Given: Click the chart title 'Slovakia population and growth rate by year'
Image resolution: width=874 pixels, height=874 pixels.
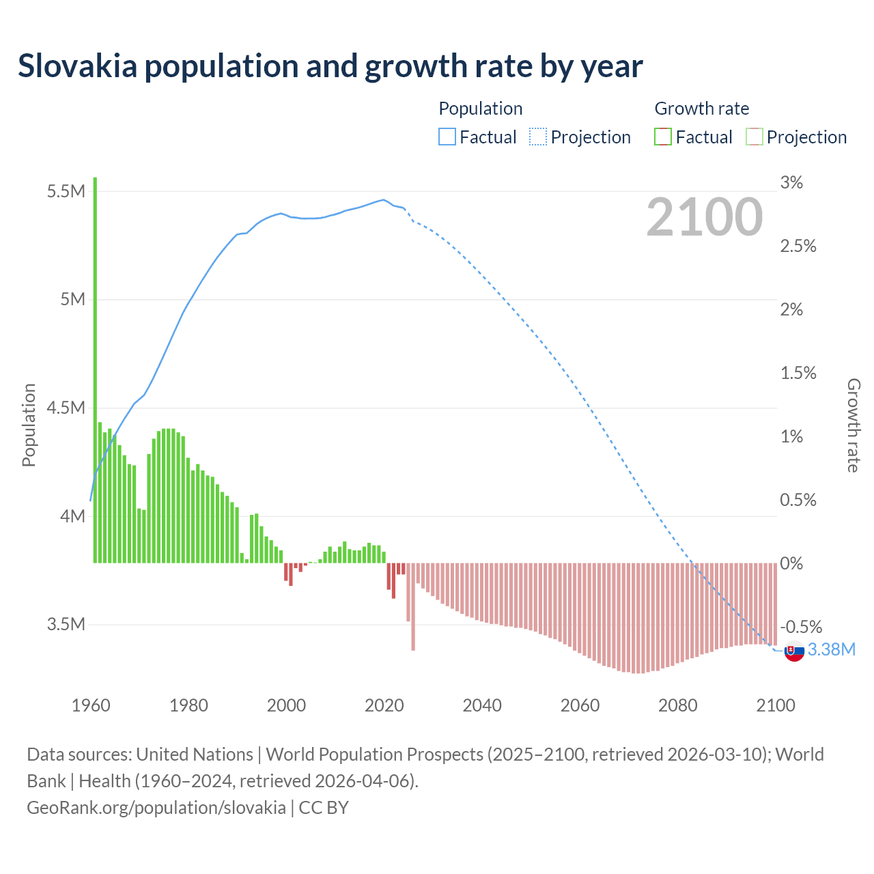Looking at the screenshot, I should click(330, 66).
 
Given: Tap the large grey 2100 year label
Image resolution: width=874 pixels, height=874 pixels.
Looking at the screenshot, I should click(704, 217).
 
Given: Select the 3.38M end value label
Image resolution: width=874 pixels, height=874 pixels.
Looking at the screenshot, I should click(831, 649).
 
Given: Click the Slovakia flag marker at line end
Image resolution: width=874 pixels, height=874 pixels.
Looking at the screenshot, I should click(793, 651).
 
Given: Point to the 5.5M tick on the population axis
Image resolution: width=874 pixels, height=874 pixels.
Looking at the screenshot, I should click(66, 191).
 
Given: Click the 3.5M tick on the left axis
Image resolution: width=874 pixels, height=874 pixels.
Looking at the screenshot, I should click(66, 625).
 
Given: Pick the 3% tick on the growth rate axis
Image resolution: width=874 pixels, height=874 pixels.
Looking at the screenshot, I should click(791, 182).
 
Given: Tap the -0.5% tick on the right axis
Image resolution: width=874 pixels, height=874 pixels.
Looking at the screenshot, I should click(801, 627).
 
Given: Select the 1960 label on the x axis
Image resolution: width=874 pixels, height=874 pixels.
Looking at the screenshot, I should click(91, 705).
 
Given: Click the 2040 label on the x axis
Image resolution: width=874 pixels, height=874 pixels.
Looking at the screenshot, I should click(482, 705).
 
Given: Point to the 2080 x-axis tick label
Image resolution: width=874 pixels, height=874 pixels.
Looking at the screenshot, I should click(678, 705).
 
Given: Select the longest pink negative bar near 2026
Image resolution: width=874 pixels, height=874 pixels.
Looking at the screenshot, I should click(413, 606).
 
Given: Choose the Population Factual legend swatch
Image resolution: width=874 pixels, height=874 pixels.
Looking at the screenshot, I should click(447, 137).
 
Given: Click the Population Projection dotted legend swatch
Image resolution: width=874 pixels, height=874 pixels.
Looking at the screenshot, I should click(538, 137).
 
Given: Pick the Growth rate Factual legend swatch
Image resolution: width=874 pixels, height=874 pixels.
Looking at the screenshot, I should click(663, 137).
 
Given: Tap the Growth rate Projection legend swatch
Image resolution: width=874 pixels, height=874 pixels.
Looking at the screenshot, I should click(754, 137).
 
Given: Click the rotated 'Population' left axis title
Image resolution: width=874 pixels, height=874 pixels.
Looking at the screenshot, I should click(29, 425).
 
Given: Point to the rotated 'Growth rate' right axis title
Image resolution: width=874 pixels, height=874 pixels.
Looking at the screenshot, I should click(853, 425).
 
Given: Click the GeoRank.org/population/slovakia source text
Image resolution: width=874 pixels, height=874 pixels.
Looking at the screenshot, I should click(156, 808).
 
